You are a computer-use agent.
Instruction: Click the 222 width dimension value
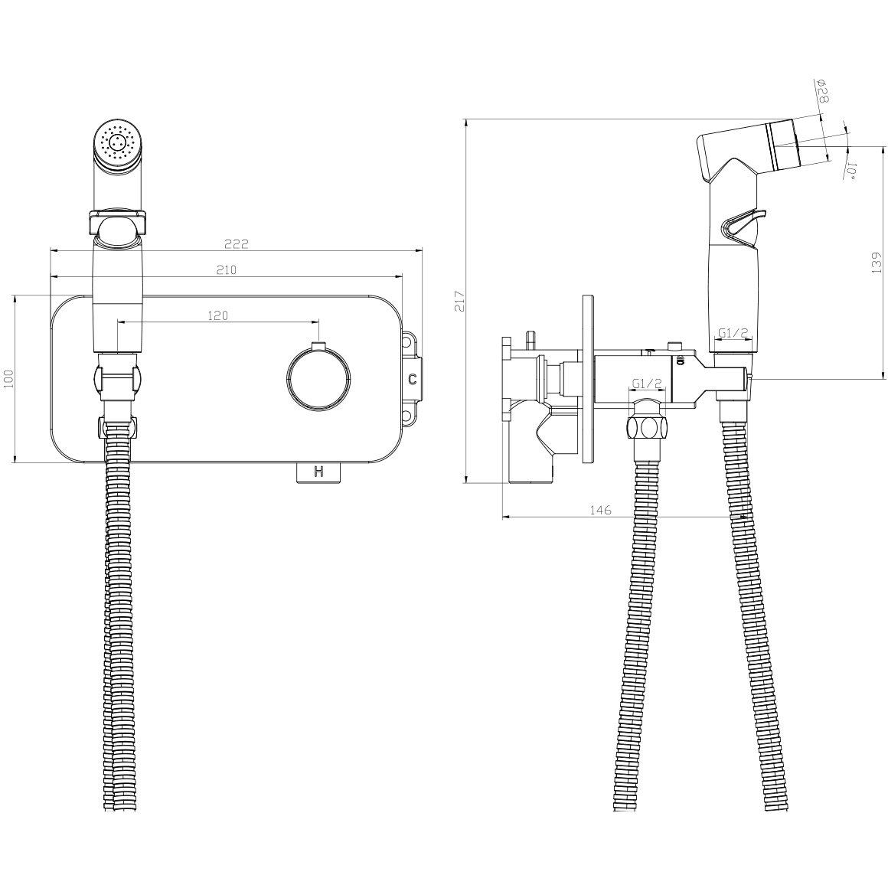236,244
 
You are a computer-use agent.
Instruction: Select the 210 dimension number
226,270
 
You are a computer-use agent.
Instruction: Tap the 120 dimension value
217,315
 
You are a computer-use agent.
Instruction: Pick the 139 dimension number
877,264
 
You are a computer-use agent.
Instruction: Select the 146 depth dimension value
600,511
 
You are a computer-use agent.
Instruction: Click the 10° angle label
853,171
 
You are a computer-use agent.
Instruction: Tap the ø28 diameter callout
822,92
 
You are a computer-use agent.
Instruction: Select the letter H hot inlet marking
318,472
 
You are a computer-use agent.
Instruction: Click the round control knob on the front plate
318,377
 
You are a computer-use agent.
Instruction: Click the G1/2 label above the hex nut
648,384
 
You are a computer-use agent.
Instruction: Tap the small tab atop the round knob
318,347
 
